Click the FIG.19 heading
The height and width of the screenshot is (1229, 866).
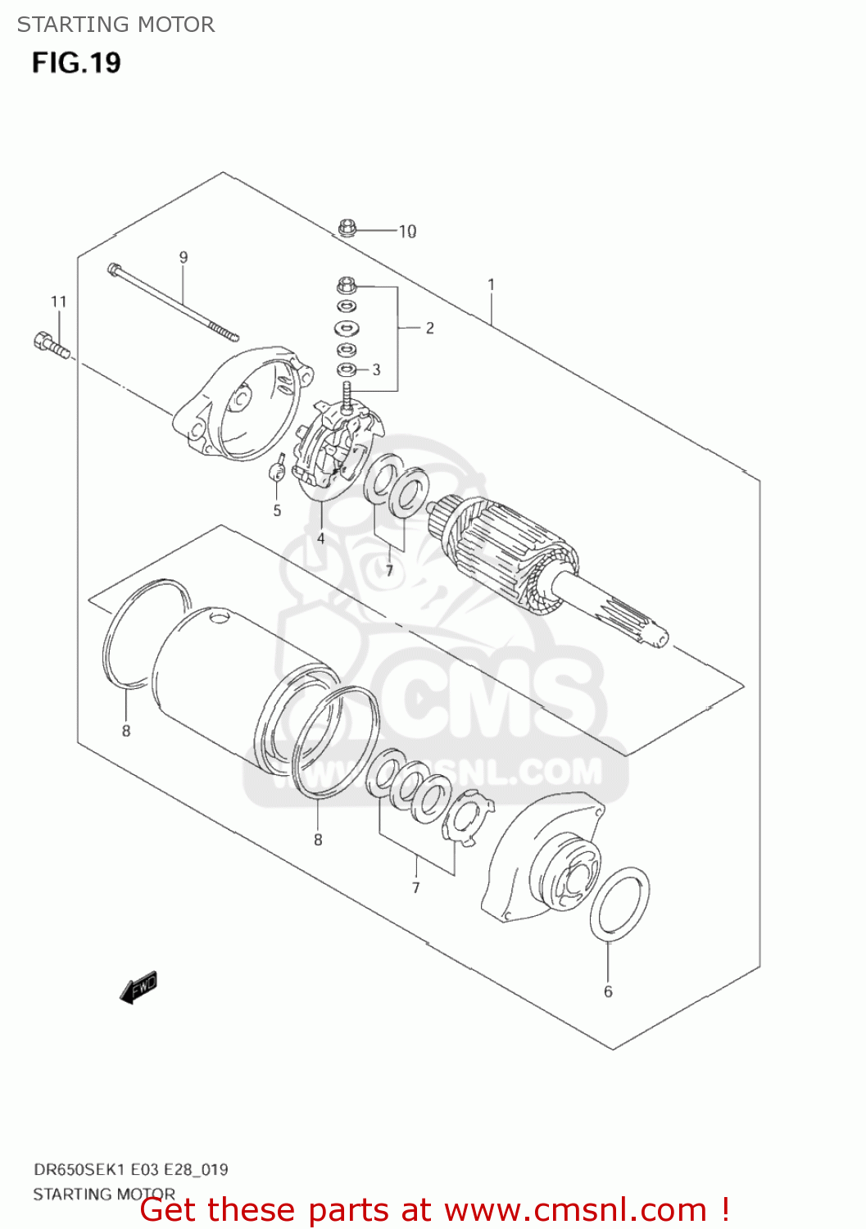coord(76,63)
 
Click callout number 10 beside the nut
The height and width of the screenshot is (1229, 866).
coord(407,232)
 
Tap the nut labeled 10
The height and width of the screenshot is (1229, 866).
coord(347,228)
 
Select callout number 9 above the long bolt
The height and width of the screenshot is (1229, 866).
coord(184,257)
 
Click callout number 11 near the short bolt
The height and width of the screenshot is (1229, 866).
coord(58,302)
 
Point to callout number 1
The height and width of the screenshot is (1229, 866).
coord(491,284)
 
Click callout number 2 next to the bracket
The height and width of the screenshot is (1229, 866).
coord(429,328)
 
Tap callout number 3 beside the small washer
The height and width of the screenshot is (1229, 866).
coord(376,370)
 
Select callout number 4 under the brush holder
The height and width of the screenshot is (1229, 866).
coord(320,538)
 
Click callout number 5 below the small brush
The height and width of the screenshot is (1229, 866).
coord(277,510)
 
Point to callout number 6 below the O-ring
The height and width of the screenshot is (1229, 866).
coord(608,991)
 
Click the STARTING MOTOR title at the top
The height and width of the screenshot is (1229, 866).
coord(116,25)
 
